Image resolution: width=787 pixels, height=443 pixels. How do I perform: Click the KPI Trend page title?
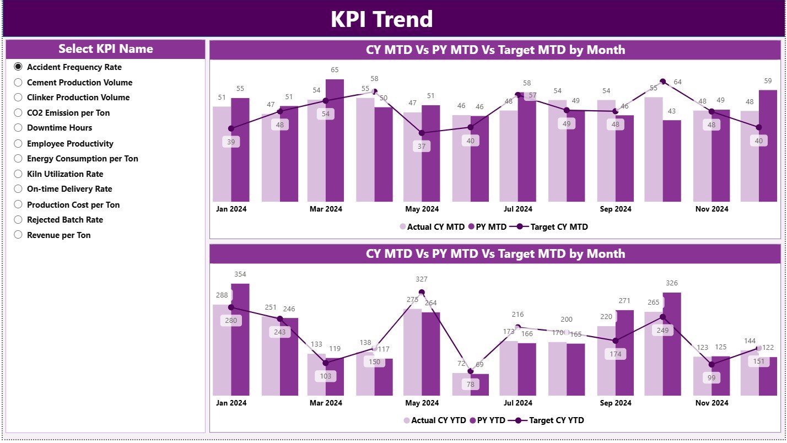click(x=381, y=19)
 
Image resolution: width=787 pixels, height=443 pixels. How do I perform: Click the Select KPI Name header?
click(x=105, y=49)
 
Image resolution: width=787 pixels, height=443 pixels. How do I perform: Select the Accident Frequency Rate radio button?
click(x=18, y=67)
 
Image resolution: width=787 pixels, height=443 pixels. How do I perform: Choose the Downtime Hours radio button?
click(x=18, y=128)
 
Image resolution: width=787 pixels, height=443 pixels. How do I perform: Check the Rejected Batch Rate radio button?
click(x=18, y=220)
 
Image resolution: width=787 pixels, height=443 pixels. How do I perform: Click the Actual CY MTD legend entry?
click(x=432, y=226)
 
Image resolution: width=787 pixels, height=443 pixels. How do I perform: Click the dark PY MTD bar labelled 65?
click(x=335, y=141)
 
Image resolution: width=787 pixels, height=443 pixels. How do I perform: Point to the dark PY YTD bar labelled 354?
click(x=240, y=339)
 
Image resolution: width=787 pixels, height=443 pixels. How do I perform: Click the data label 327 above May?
click(x=422, y=279)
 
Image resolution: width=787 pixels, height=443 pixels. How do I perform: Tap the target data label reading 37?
click(x=422, y=147)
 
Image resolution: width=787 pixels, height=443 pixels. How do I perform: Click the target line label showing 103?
click(x=325, y=376)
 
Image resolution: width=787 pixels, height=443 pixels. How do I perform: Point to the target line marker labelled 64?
click(x=663, y=82)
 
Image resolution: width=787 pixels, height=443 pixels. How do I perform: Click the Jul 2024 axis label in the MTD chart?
click(x=518, y=209)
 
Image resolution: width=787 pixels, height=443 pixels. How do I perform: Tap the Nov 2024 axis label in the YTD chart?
click(x=711, y=403)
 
